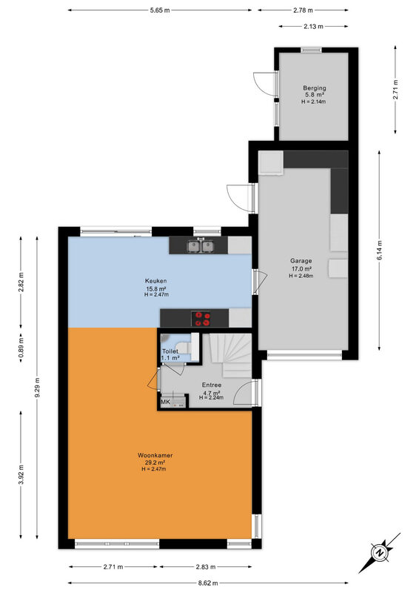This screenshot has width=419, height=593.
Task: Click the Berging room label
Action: click(x=314, y=88)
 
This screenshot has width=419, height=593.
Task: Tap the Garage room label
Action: click(x=301, y=261)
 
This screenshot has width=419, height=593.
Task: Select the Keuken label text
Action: click(x=155, y=281)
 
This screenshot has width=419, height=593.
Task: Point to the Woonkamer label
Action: click(x=155, y=455)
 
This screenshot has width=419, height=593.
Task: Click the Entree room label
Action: click(x=212, y=385)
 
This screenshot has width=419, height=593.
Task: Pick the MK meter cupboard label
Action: click(x=166, y=402)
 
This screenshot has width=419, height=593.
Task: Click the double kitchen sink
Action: click(x=201, y=246)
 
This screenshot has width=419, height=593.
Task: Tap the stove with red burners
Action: click(x=201, y=318)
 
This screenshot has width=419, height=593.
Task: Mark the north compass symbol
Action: click(x=379, y=552)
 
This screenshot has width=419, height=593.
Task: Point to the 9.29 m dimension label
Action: click(x=37, y=388)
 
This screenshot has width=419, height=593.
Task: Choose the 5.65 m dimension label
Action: click(x=159, y=10)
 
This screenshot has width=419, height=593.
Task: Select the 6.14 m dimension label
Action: click(x=379, y=250)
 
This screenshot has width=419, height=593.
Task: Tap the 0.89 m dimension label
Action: click(x=21, y=348)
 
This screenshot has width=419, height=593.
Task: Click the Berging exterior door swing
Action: click(x=263, y=83)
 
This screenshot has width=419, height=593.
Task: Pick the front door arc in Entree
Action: click(x=244, y=393)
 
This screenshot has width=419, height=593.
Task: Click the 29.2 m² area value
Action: click(x=155, y=463)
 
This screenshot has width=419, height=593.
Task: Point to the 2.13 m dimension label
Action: click(x=313, y=27)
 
